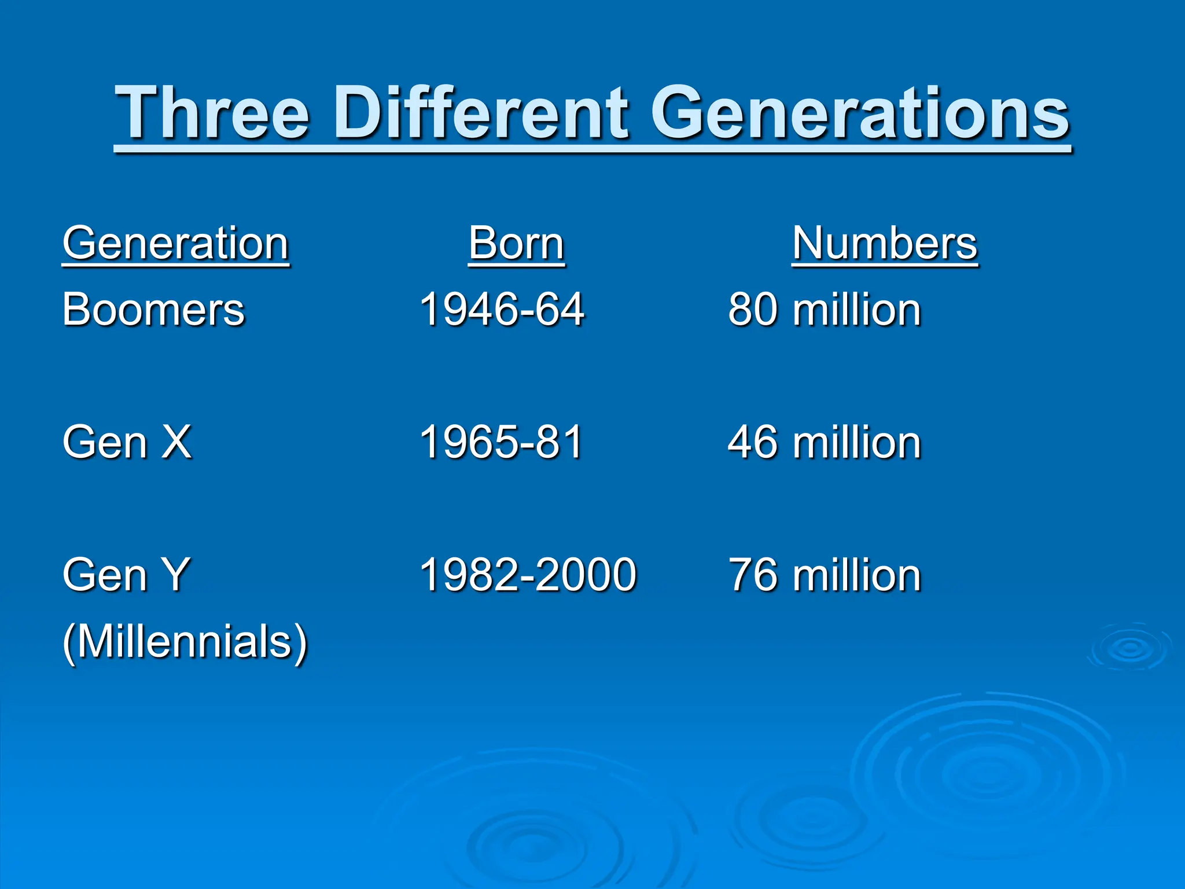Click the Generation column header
point(176,244)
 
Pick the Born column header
point(516,244)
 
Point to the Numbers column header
point(885,244)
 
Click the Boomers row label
point(154,310)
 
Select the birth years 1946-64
point(502,310)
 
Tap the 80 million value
point(825,310)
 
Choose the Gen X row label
point(127,442)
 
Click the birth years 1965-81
point(501,442)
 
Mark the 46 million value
point(825,442)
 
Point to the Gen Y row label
point(126,575)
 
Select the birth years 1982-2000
point(528,575)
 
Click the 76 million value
point(825,575)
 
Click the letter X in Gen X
point(176,442)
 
